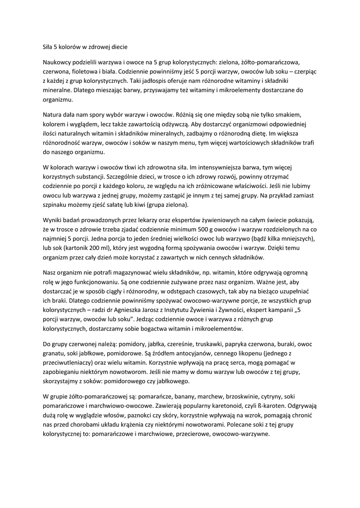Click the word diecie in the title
(118, 47)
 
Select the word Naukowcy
(58, 62)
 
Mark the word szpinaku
(56, 205)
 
